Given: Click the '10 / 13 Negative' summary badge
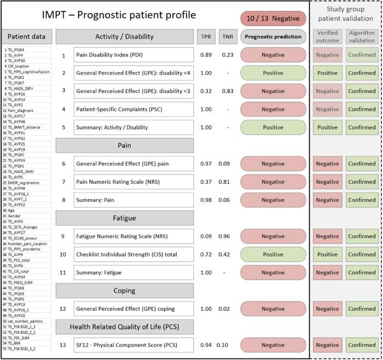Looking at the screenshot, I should [272, 19].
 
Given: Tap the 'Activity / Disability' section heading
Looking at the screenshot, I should [124, 37].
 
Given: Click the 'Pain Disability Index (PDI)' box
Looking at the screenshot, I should [134, 55].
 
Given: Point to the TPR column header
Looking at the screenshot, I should [205, 37].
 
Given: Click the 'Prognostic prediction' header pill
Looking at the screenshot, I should [272, 37].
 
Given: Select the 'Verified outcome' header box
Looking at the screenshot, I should [327, 37].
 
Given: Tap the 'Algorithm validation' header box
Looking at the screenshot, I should [362, 37].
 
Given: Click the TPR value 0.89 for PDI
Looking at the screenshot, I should [206, 55].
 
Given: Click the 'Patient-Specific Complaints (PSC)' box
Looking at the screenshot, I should [134, 109].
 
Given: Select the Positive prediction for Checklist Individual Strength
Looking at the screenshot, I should [272, 254].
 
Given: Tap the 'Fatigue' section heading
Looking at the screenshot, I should [124, 218].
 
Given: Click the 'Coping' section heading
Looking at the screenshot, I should [124, 291].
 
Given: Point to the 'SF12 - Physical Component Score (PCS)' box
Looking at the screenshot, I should [134, 345].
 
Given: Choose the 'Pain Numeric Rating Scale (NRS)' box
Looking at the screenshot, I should [134, 182].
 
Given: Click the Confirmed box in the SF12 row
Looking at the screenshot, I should [362, 345].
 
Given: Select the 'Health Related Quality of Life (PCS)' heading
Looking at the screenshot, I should [124, 327].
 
